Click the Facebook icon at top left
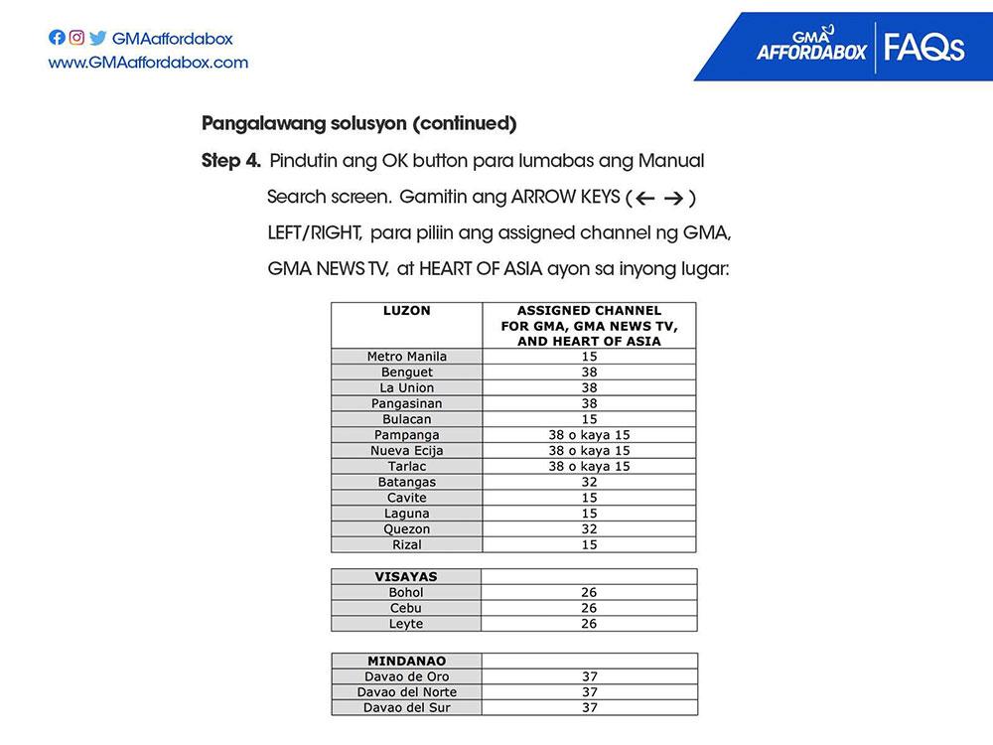click(57, 39)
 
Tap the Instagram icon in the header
click(76, 39)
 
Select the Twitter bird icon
click(97, 39)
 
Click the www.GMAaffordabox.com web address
click(148, 63)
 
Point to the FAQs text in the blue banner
click(923, 47)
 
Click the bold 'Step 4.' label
click(230, 161)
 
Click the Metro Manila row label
click(407, 357)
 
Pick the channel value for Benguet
click(589, 372)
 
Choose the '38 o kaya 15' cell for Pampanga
click(589, 435)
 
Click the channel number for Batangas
click(589, 482)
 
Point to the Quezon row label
click(407, 529)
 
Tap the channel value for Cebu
click(589, 608)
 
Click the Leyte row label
click(407, 624)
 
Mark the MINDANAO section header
click(406, 661)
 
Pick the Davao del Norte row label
click(407, 692)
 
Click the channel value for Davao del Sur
click(589, 708)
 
